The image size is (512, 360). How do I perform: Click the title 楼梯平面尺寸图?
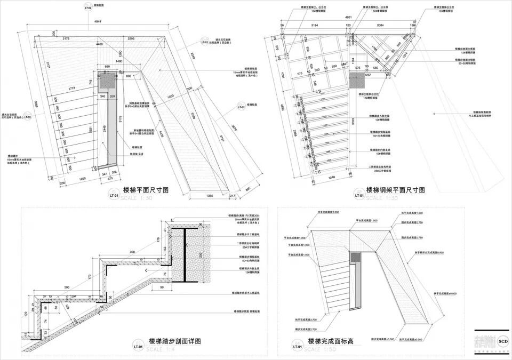[x=146, y=189]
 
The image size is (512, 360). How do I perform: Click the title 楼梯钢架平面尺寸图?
[x=395, y=189]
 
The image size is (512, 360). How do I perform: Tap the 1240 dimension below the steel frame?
[x=332, y=177]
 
